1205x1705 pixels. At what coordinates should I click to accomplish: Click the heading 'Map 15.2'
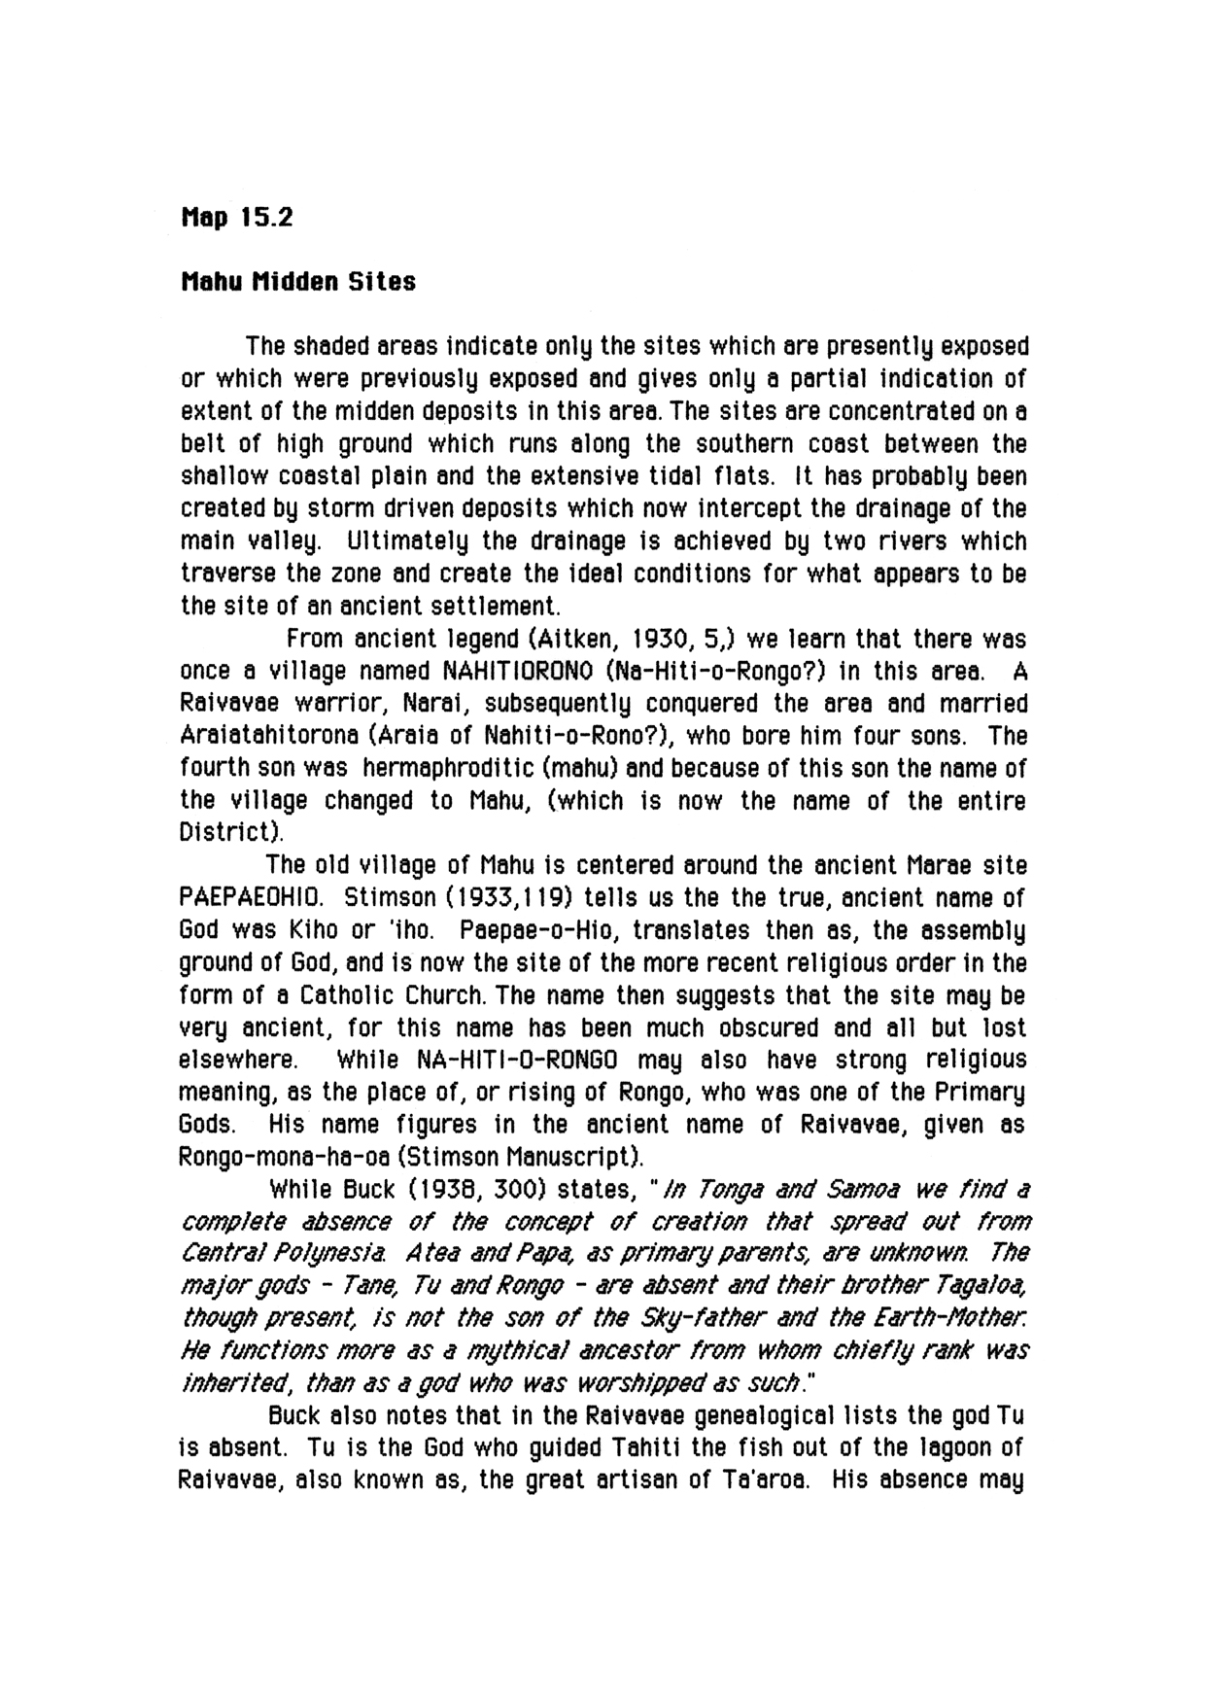[236, 217]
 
